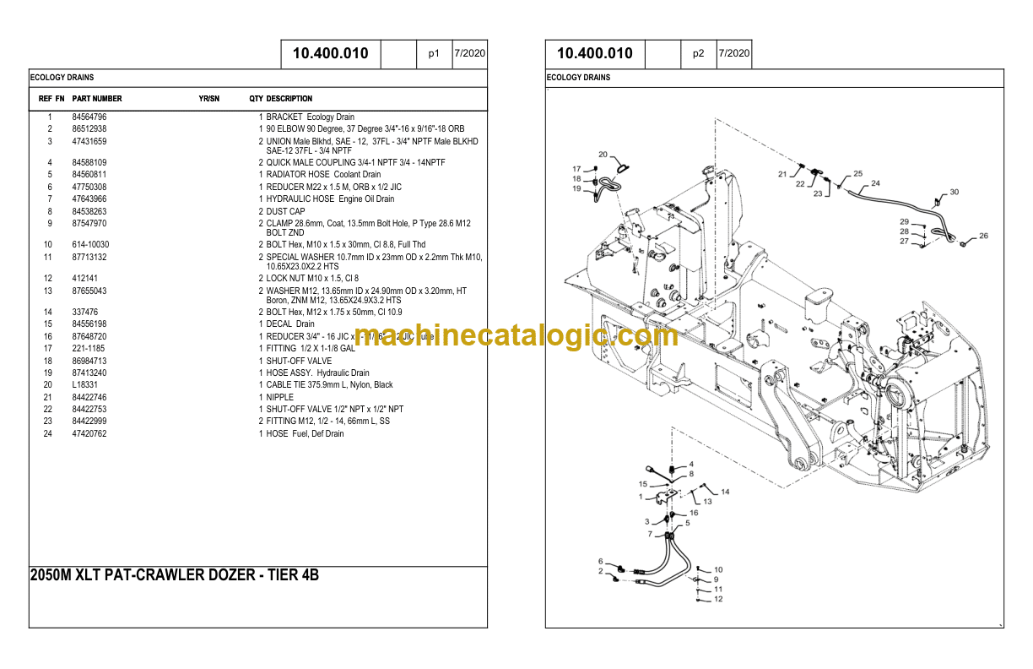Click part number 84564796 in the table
[x=89, y=117]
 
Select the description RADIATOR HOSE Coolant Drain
[x=323, y=175]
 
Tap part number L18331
[x=84, y=385]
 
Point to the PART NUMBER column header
[x=97, y=99]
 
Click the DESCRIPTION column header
[x=289, y=99]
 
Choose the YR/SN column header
[x=208, y=99]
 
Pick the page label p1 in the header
[x=434, y=53]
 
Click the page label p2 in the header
[x=698, y=53]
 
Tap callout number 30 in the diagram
[x=954, y=193]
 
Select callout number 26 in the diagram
[x=983, y=237]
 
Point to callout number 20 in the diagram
[x=603, y=155]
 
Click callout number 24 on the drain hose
[x=875, y=183]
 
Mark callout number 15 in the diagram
[x=642, y=484]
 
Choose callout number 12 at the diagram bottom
[x=718, y=600]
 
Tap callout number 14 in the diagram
[x=725, y=492]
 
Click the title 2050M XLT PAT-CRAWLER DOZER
[x=174, y=576]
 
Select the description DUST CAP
[x=285, y=211]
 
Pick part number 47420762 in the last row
[x=89, y=434]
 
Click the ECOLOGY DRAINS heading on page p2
[x=579, y=78]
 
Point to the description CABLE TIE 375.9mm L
[x=329, y=385]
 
